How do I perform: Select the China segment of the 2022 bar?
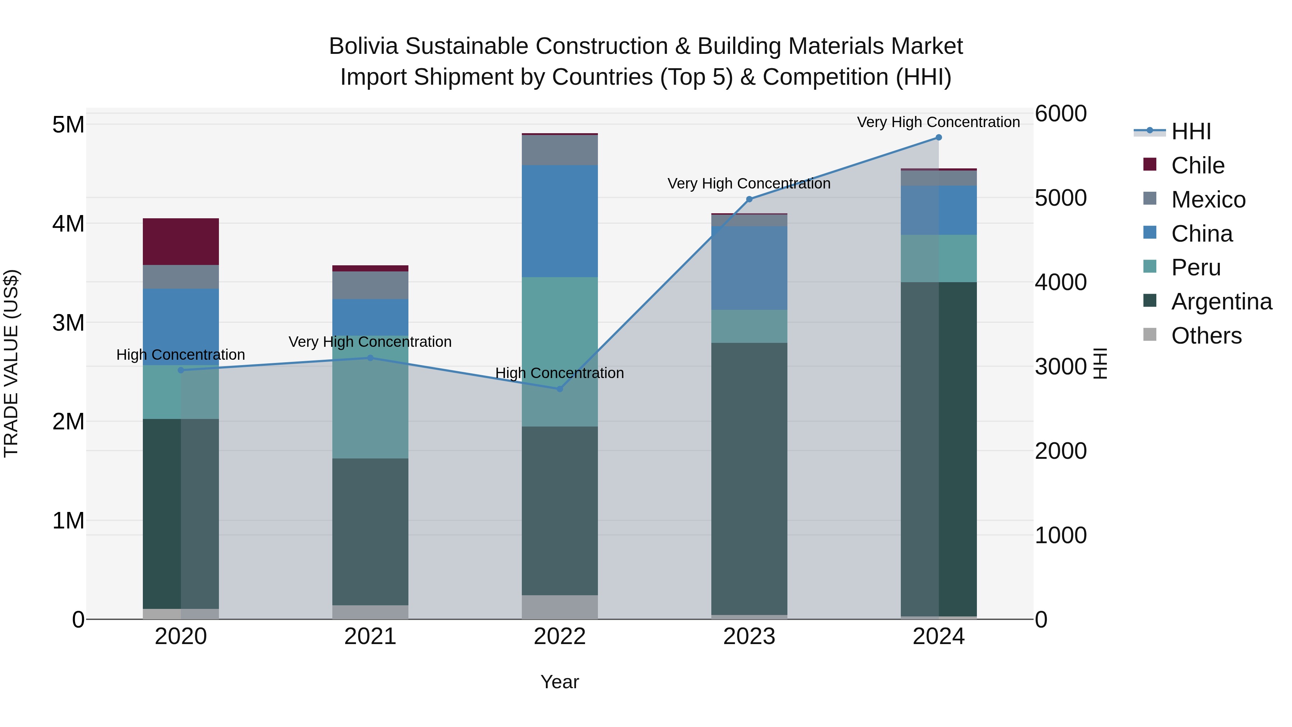[x=560, y=221]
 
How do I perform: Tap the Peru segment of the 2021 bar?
[x=370, y=396]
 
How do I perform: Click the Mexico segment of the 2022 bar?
[x=560, y=150]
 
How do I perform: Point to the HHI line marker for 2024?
[x=938, y=138]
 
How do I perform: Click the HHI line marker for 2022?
[x=560, y=389]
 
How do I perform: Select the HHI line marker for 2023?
[x=749, y=199]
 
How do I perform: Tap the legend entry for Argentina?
[x=1221, y=302]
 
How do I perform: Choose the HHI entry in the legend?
[x=1191, y=131]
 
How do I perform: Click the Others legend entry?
[x=1206, y=336]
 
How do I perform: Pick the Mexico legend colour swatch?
[x=1150, y=198]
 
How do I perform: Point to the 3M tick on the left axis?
[x=68, y=323]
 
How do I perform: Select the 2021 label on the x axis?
[x=370, y=637]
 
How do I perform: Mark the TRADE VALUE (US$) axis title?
[x=11, y=363]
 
